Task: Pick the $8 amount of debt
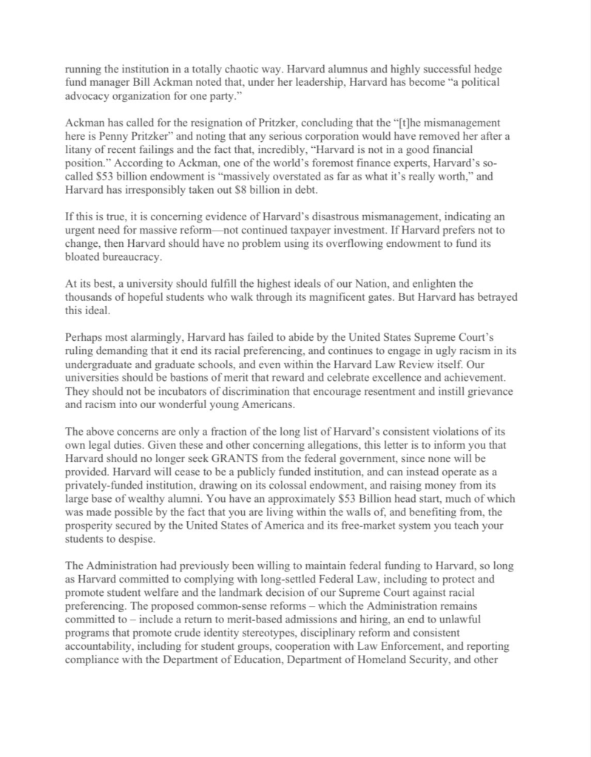click(299, 178)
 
